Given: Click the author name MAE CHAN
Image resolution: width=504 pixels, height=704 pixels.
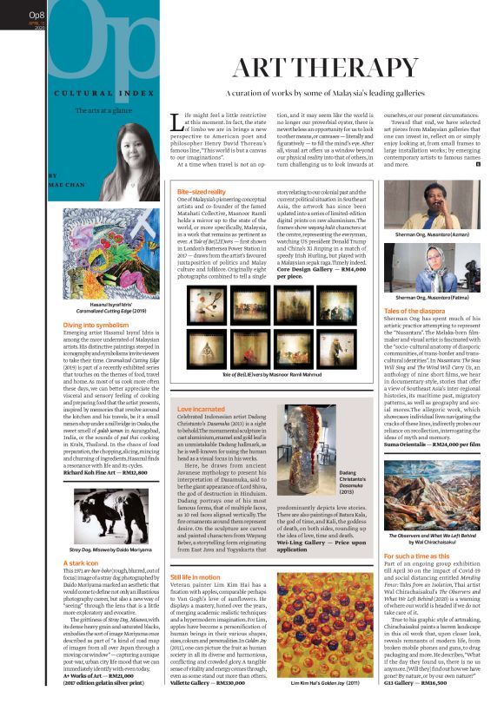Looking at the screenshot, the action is click(58, 185).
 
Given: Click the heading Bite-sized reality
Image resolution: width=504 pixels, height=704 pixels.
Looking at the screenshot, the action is click(201, 190).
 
